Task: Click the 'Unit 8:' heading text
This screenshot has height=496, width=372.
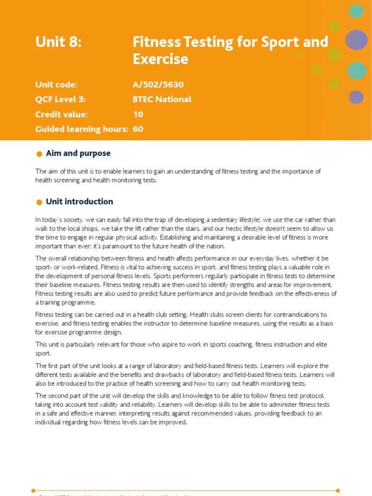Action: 59,43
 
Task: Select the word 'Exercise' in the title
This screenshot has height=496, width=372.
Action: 160,59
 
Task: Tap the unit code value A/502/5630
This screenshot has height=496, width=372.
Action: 158,85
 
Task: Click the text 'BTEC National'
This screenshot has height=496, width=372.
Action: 162,99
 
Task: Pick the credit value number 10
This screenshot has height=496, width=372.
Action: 138,114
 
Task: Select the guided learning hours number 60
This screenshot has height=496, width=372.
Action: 138,129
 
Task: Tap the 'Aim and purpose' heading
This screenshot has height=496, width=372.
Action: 78,154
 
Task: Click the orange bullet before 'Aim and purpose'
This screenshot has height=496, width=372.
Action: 39,154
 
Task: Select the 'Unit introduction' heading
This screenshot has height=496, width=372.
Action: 79,201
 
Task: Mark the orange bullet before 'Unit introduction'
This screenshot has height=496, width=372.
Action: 39,202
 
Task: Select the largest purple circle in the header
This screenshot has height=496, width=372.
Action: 357,40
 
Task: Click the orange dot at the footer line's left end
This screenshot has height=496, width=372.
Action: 33,490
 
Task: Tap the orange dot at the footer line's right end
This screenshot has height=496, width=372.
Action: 338,490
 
